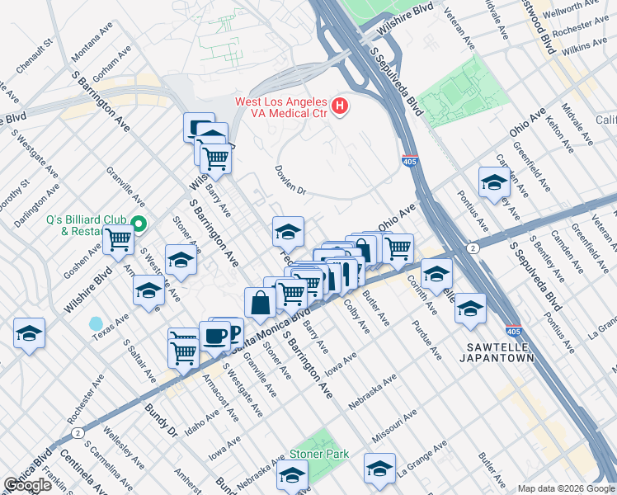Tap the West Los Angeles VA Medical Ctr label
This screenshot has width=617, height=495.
click(281, 107)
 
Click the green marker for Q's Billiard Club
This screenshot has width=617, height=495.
click(139, 224)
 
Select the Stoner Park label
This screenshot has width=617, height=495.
click(318, 455)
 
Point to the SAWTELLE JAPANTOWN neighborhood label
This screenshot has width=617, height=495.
click(499, 352)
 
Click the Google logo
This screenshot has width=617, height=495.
click(27, 485)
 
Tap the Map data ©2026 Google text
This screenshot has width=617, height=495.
click(566, 488)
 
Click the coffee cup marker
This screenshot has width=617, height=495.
click(215, 337)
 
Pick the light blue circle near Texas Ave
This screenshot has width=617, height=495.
click(97, 323)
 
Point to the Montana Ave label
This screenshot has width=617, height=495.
click(92, 40)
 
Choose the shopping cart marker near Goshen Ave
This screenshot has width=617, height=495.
click(119, 239)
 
